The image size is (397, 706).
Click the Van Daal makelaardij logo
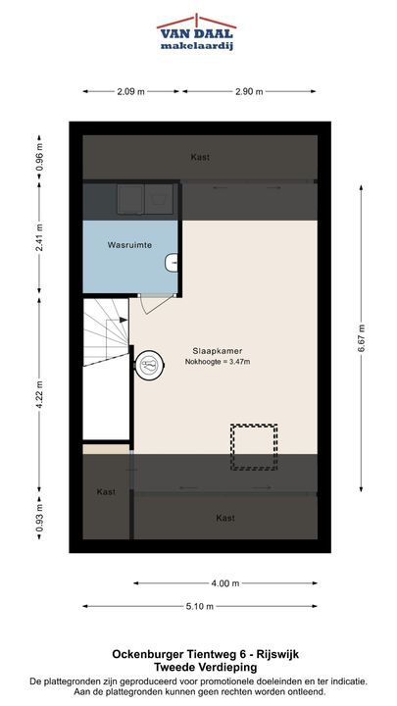coord(197,32)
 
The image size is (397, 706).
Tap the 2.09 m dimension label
coord(130,91)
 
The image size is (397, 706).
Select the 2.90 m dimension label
coord(249,91)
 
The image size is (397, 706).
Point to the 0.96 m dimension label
coord(39,157)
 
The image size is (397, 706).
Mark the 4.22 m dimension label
coord(39,395)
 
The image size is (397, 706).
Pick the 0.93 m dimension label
coord(39,517)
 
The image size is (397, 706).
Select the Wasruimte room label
coord(129,245)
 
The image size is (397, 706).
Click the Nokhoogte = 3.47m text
coord(218,361)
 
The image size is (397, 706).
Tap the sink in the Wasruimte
coord(171,263)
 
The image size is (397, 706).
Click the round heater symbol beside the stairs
coord(150,365)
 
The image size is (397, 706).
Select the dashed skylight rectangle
coord(254,447)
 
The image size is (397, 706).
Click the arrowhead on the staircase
coord(124,320)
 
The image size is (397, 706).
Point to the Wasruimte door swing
coord(156,305)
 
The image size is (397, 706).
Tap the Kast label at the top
coord(200,158)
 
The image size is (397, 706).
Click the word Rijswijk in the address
coord(281,654)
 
